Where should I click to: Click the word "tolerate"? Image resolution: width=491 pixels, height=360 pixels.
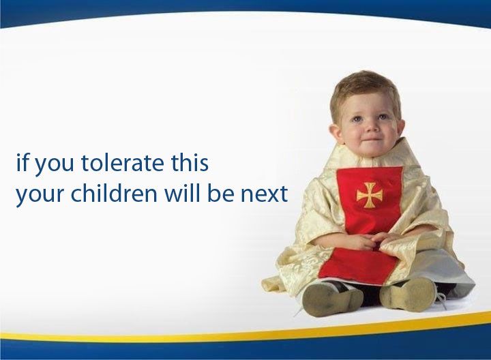pyautogui.click(x=123, y=163)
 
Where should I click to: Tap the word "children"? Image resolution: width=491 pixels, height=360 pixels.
pyautogui.click(x=114, y=193)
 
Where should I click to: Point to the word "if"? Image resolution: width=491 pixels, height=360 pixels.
pyautogui.click(x=23, y=162)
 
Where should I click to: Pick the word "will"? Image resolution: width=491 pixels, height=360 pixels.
pyautogui.click(x=184, y=193)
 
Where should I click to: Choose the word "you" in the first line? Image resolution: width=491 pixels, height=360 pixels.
pyautogui.click(x=53, y=166)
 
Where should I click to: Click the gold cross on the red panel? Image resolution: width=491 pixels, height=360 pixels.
pyautogui.click(x=370, y=195)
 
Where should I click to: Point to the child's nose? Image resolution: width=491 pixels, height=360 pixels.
pyautogui.click(x=370, y=127)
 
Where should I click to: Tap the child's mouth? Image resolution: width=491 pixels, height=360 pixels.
pyautogui.click(x=371, y=139)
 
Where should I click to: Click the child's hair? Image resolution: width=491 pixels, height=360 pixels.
pyautogui.click(x=365, y=88)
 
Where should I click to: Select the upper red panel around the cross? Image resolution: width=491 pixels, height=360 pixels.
pyautogui.click(x=370, y=200)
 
